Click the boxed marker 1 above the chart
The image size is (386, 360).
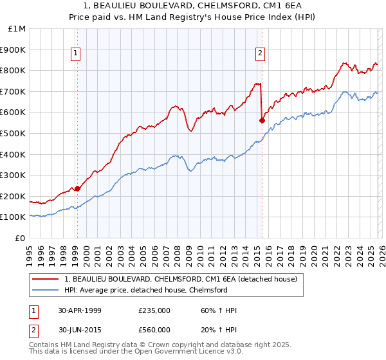click(77, 54)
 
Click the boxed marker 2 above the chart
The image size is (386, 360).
click(261, 54)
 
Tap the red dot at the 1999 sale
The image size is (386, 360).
click(77, 188)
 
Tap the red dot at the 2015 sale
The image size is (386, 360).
click(262, 120)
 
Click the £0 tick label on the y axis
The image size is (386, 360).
click(20, 238)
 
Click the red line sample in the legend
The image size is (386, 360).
click(46, 279)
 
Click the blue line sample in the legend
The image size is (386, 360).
click(46, 290)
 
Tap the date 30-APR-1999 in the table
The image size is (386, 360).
click(80, 310)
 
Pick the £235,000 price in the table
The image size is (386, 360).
click(154, 310)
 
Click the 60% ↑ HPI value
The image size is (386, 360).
click(219, 310)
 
